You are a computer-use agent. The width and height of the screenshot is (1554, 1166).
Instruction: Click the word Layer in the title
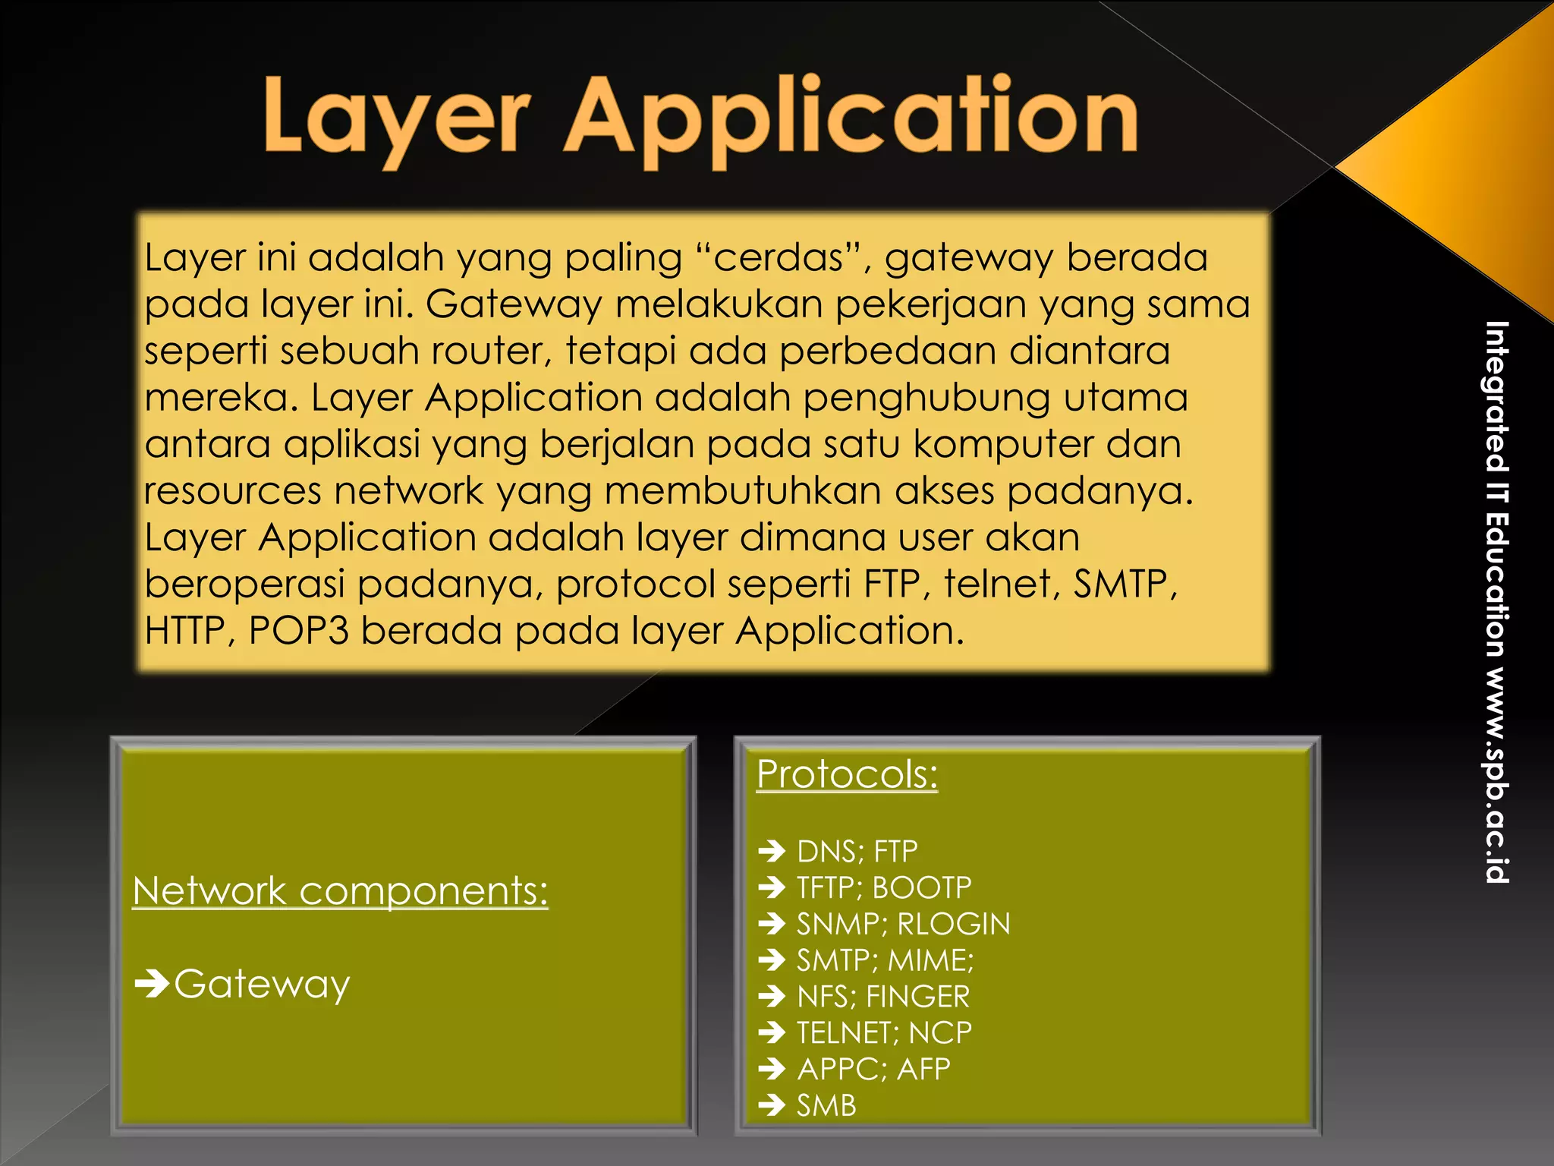(395, 115)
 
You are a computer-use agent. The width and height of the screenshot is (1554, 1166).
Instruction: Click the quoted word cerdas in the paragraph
(779, 258)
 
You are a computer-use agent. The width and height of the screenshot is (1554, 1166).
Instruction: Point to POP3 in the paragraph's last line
(298, 631)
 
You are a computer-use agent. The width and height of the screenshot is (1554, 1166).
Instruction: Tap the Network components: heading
(340, 890)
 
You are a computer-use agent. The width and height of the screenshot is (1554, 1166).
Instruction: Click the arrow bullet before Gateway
(152, 985)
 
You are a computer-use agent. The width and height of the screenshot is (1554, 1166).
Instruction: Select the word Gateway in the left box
(262, 985)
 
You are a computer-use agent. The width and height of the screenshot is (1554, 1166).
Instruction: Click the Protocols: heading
(847, 774)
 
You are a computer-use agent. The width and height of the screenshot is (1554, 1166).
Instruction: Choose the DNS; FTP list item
(857, 852)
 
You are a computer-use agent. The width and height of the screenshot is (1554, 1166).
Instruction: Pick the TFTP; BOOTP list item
(883, 887)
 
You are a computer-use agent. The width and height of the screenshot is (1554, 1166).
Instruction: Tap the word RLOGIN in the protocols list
(954, 924)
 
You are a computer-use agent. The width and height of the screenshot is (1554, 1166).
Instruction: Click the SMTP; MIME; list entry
(885, 960)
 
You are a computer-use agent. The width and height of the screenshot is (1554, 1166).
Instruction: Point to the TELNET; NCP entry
(883, 1032)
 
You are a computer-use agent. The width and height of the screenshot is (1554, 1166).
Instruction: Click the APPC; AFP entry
(873, 1069)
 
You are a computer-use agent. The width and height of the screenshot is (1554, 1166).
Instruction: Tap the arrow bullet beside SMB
(772, 1105)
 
